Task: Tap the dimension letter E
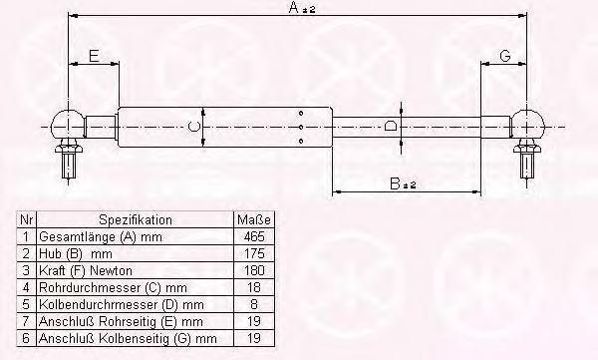[94, 56]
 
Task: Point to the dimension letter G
[504, 56]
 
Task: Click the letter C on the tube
[193, 127]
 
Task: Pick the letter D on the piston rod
[391, 126]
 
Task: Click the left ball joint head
[68, 124]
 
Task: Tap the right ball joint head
[527, 124]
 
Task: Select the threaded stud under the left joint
[69, 164]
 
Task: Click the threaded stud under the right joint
[527, 164]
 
